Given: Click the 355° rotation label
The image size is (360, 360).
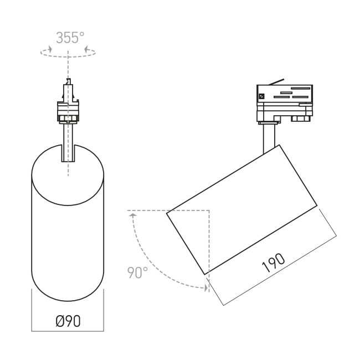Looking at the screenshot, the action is coord(70,38).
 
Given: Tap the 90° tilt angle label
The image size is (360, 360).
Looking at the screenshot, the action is coord(137,272).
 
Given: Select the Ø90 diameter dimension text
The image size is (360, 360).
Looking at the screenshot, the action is coord(68,321).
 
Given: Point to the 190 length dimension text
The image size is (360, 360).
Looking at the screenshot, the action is coord(273,263).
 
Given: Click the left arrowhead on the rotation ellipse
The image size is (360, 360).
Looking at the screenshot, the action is coord(50,49).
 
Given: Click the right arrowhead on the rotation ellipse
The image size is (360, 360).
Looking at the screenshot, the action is coord(86,49).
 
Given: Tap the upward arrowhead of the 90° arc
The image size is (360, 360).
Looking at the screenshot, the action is coord(133,215).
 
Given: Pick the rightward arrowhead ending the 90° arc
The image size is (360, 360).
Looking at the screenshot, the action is coord(206,287).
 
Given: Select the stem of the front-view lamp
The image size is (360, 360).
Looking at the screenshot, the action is coord(68,143).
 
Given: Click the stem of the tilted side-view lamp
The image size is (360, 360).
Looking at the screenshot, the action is coord(269,138).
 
